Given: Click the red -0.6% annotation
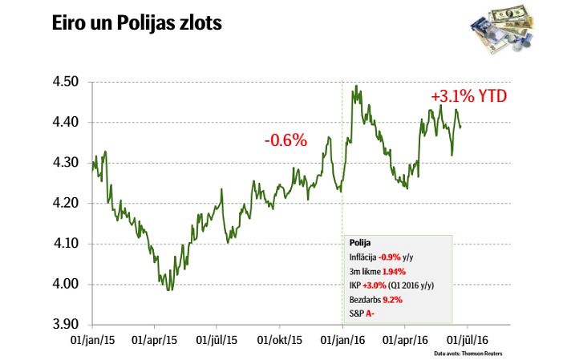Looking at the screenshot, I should (x=286, y=140).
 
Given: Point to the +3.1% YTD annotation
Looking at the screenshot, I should (x=469, y=96).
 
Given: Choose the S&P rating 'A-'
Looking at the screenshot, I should (x=371, y=313).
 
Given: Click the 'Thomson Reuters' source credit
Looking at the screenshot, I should (x=488, y=353).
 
